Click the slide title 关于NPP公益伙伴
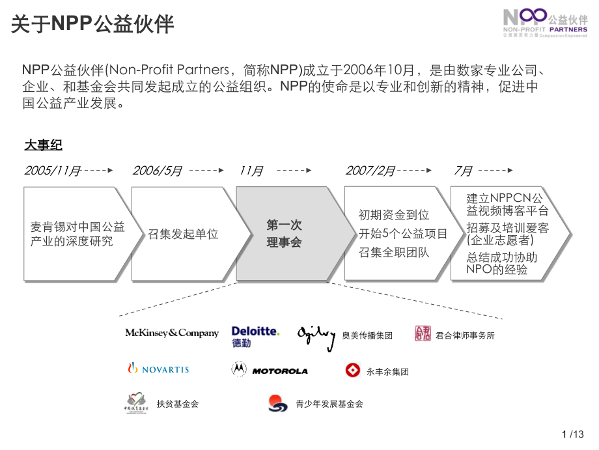[x=92, y=24]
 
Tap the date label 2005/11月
[x=53, y=171]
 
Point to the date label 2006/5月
[x=157, y=171]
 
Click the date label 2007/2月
[x=370, y=171]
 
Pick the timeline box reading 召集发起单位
[x=184, y=234]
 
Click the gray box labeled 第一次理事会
[x=285, y=234]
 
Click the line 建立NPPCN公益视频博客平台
[x=507, y=204]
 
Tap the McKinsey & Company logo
[x=172, y=333]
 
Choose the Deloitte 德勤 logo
[x=255, y=336]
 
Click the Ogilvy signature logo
[x=316, y=335]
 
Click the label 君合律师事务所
[x=465, y=335]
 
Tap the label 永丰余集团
[x=387, y=372]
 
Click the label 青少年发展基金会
[x=329, y=404]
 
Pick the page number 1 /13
[x=572, y=435]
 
